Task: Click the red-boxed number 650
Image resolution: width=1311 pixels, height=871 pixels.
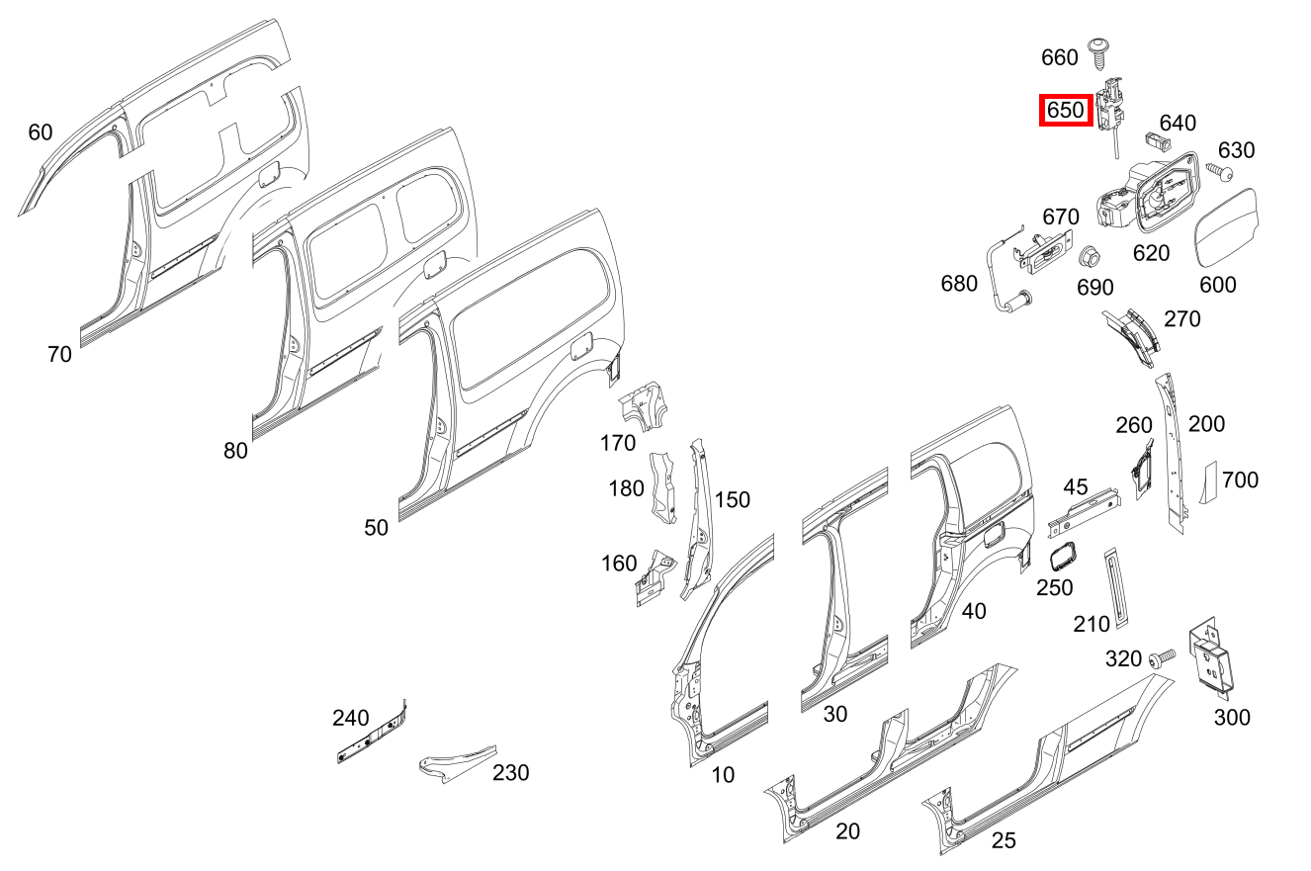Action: (x=1065, y=110)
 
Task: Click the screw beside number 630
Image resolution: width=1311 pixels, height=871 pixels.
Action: (x=1221, y=174)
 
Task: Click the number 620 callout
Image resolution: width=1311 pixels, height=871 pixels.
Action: (x=1151, y=253)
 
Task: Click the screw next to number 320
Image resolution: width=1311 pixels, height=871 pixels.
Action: (x=1162, y=655)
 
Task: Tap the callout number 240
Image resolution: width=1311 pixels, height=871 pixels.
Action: (x=350, y=718)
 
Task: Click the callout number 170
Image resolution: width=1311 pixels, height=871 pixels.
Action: (x=618, y=443)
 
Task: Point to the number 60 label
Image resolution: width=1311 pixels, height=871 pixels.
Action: (x=41, y=131)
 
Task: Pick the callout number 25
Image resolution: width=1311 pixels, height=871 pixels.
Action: (x=1004, y=840)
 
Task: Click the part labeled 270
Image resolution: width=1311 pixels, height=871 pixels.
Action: (x=1133, y=336)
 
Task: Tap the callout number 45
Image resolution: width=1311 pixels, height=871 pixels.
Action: (x=1076, y=486)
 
